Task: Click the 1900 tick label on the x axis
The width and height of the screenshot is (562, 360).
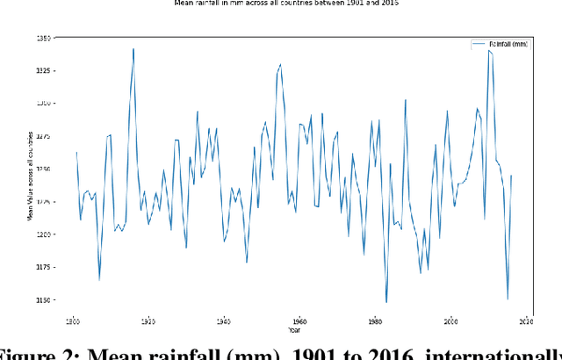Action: [73, 321]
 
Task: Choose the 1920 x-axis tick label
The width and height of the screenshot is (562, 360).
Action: [148, 321]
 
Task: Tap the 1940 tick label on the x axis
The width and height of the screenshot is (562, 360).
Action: [224, 321]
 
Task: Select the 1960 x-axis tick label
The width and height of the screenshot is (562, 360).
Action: [299, 321]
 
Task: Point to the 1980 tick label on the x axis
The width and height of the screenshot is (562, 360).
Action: [375, 321]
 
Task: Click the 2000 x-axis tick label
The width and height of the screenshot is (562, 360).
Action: [450, 321]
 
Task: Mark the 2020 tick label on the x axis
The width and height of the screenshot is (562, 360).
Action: [526, 321]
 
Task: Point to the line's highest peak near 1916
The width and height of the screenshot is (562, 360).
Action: [133, 49]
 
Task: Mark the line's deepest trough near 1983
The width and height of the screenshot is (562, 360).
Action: [386, 302]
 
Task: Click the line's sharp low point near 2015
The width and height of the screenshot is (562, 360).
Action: [508, 299]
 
